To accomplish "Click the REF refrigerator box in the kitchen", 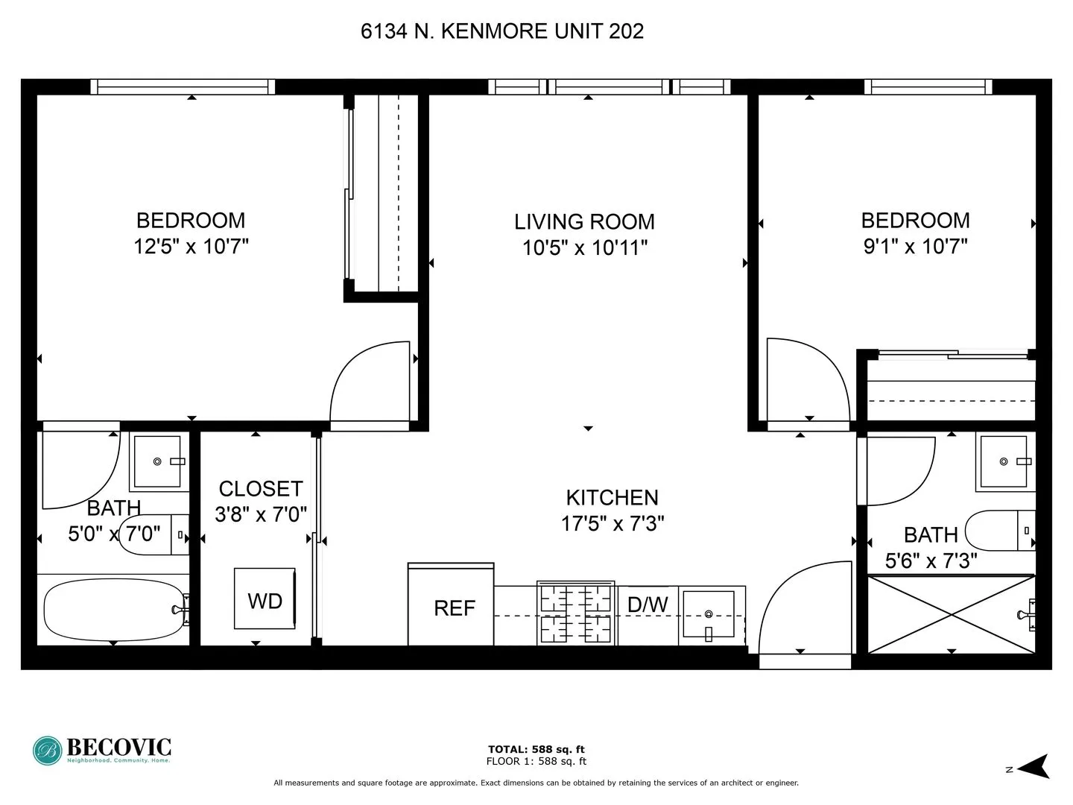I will (451, 605).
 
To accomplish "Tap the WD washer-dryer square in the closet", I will (265, 599).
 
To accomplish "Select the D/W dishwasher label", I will (647, 604).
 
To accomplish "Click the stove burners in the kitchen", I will (575, 614).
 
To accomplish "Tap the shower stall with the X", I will (952, 613).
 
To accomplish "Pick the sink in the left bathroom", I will (157, 462).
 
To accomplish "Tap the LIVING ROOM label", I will (584, 222).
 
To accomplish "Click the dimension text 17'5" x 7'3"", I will (612, 524).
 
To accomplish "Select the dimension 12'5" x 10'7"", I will (191, 246).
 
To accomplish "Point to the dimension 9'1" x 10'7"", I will (915, 246).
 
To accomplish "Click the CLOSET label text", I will (261, 489).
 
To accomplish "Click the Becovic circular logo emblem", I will (48, 751).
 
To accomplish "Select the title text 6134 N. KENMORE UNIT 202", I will (501, 31).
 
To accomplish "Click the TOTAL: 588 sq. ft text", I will (536, 749).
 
